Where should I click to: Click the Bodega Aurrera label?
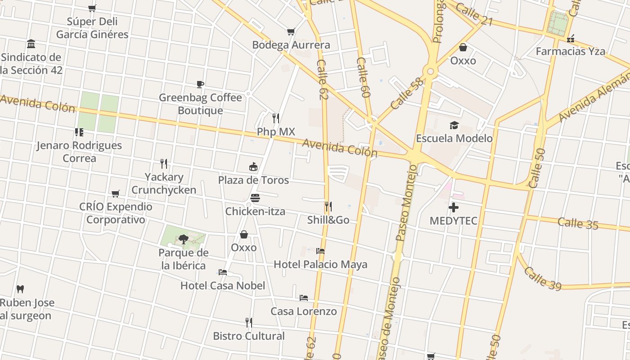(291, 45)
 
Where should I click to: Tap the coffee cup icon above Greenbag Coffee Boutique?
(200, 84)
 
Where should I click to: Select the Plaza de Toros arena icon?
(253, 167)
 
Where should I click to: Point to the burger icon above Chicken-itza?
(255, 198)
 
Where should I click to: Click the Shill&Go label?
(328, 220)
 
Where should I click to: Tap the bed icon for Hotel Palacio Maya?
(320, 251)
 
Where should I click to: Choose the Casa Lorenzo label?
(303, 311)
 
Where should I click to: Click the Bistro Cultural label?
(249, 336)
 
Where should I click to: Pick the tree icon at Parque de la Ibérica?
(183, 239)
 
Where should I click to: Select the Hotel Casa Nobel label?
(223, 285)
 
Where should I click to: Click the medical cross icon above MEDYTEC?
(453, 207)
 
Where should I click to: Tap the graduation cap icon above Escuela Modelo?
(454, 125)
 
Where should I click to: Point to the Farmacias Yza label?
(570, 51)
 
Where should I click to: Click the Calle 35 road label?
(578, 223)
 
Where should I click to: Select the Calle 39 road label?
(542, 279)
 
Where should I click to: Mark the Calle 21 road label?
(473, 14)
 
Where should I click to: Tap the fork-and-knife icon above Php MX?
(276, 118)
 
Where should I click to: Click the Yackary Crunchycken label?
(164, 183)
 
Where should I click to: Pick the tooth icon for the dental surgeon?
(20, 289)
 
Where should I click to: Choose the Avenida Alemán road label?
(594, 97)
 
